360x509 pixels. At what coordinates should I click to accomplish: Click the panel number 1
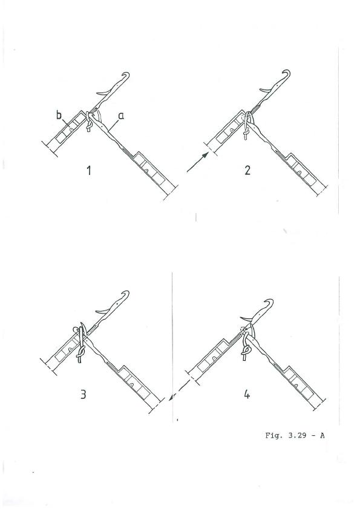pyautogui.click(x=88, y=170)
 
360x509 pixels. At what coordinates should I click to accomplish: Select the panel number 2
pyautogui.click(x=247, y=170)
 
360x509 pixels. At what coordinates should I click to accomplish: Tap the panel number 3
pyautogui.click(x=83, y=394)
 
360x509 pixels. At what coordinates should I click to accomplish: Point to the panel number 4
pyautogui.click(x=247, y=395)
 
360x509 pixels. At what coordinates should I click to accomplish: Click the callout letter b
pyautogui.click(x=59, y=115)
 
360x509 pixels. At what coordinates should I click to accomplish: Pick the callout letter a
pyautogui.click(x=121, y=116)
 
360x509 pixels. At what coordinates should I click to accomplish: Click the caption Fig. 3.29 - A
pyautogui.click(x=295, y=435)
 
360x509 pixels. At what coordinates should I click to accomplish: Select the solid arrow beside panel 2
pyautogui.click(x=198, y=162)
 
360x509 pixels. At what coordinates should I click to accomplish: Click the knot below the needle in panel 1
pyautogui.click(x=88, y=126)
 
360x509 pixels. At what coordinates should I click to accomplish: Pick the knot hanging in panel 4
pyautogui.click(x=246, y=352)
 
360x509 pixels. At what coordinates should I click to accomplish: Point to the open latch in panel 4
pyautogui.click(x=247, y=319)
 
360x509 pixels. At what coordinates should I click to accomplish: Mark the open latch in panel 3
pyautogui.click(x=103, y=311)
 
